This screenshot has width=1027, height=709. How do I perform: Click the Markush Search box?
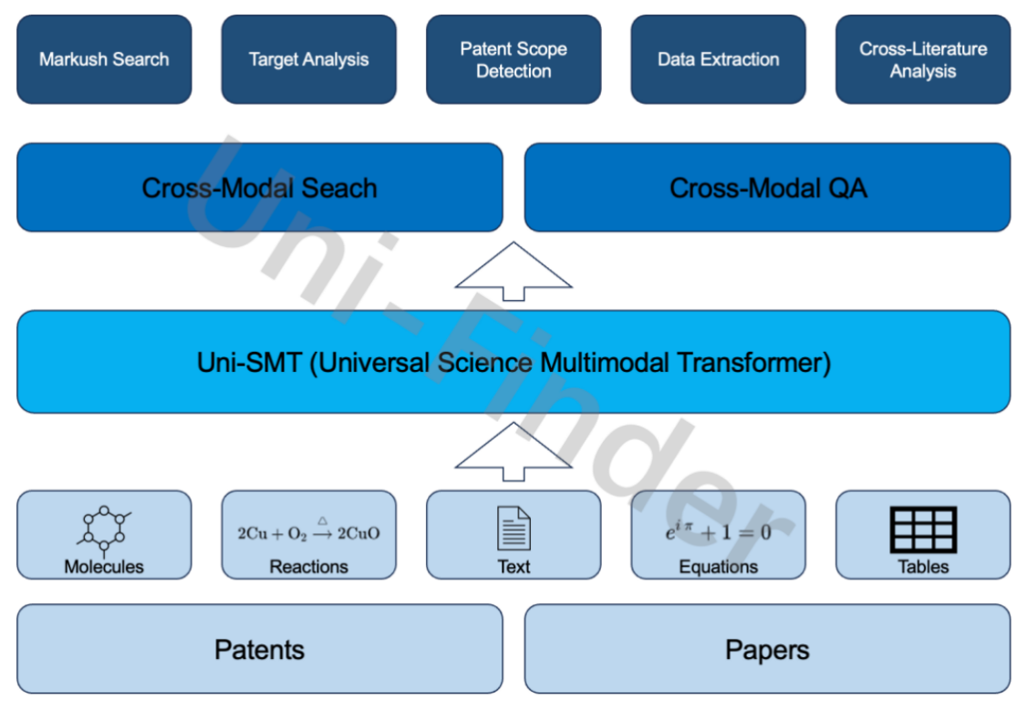click(104, 59)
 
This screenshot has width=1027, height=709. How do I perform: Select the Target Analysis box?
click(308, 59)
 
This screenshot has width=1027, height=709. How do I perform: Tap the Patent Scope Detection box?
click(513, 59)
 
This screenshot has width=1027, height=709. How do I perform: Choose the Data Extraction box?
click(718, 59)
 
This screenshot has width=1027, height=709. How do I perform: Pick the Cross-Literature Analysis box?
click(923, 59)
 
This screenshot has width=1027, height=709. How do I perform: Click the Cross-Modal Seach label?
click(259, 188)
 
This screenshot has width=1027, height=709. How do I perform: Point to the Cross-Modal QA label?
click(768, 188)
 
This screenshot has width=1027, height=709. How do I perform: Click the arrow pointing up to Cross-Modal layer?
click(513, 272)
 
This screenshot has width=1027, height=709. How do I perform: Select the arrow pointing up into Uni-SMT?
click(513, 452)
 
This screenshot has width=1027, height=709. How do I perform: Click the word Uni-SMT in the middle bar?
click(249, 362)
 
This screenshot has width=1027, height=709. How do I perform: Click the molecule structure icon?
click(104, 530)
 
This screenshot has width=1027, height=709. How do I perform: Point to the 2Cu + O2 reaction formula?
click(308, 531)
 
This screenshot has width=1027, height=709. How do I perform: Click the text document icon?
click(513, 529)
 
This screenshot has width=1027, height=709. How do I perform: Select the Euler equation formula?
click(718, 531)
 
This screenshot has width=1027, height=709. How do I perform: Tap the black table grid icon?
click(923, 529)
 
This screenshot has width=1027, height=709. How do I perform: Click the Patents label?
click(259, 650)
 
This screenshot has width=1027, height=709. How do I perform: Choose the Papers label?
click(767, 650)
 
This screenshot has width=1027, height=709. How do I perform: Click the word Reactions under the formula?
click(308, 566)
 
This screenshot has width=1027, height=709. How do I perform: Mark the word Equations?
click(719, 567)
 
